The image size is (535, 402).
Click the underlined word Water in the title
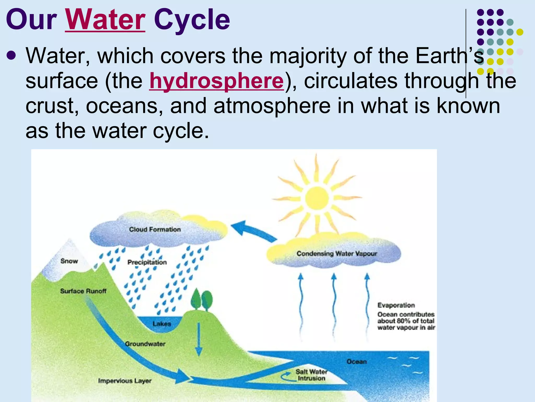coord(105,20)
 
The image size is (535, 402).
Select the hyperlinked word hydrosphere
coord(216,81)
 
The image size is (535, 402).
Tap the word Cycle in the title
coord(192,20)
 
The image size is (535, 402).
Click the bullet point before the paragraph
coord(11,55)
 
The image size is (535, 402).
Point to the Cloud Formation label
coord(155,230)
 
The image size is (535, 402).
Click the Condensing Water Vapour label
coord(337,253)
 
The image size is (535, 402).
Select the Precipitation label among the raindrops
coord(147,262)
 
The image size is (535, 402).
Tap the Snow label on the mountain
coord(69,261)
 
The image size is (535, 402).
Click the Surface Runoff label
coord(83,291)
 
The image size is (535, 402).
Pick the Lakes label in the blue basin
coord(162,324)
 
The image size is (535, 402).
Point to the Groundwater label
coord(145,344)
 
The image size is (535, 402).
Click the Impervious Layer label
coord(125,381)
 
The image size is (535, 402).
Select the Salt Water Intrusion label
coord(311,375)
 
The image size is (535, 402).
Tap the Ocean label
coord(357,361)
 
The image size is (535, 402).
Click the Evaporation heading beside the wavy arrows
coord(396,305)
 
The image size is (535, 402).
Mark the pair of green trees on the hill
coord(201,300)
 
